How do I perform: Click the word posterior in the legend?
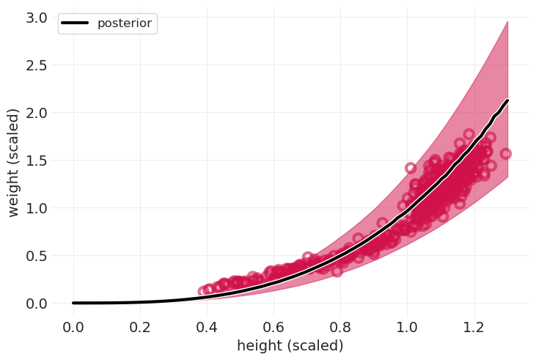[x=124, y=23]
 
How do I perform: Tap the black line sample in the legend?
[x=75, y=23]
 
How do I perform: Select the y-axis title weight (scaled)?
[x=14, y=162]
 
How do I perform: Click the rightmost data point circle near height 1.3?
[x=505, y=154]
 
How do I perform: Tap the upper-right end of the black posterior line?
[x=507, y=100]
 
